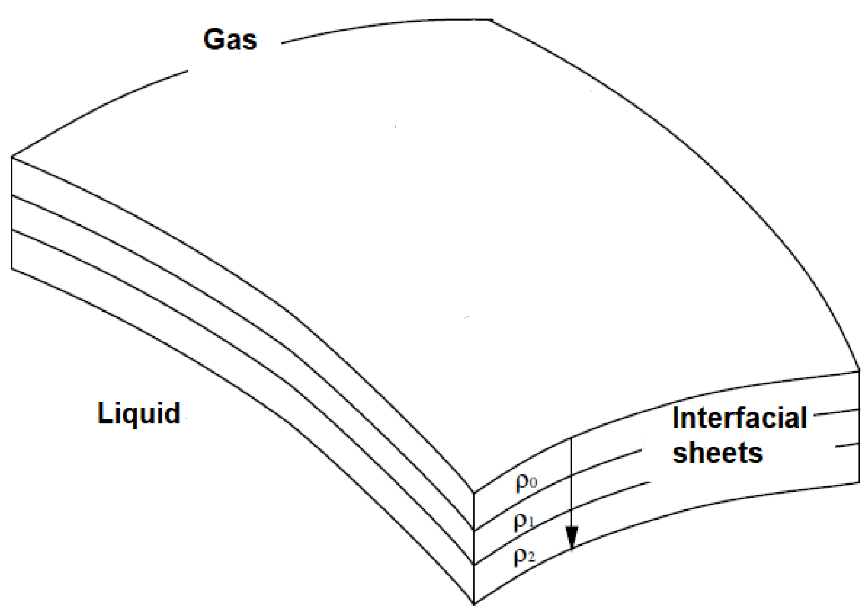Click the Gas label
230,39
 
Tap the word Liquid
139,413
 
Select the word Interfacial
739,418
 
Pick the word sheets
717,453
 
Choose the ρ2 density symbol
525,557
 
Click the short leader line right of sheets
847,445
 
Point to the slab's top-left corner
12,157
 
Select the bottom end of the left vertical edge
12,269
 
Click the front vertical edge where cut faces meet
473,547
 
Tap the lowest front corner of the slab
473,603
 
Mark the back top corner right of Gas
492,20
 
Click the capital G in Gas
214,39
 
